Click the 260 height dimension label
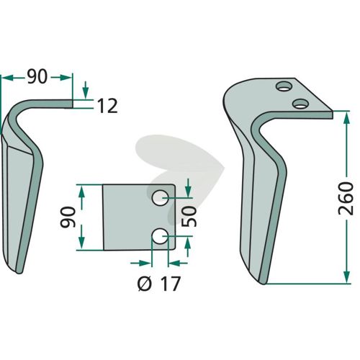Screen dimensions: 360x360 (x=346, y=199)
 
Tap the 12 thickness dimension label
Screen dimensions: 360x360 (x=107, y=106)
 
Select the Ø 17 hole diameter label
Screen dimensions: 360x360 (x=159, y=284)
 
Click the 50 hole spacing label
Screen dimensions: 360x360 (x=189, y=217)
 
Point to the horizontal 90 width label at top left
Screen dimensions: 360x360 (x=37, y=77)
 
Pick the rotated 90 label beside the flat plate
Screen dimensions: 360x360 (x=68, y=217)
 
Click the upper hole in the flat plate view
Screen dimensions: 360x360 (x=160, y=198)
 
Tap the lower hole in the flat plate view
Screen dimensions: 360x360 (x=160, y=236)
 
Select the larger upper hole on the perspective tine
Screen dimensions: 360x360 (x=284, y=86)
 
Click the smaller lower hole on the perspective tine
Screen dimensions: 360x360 (x=300, y=104)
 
